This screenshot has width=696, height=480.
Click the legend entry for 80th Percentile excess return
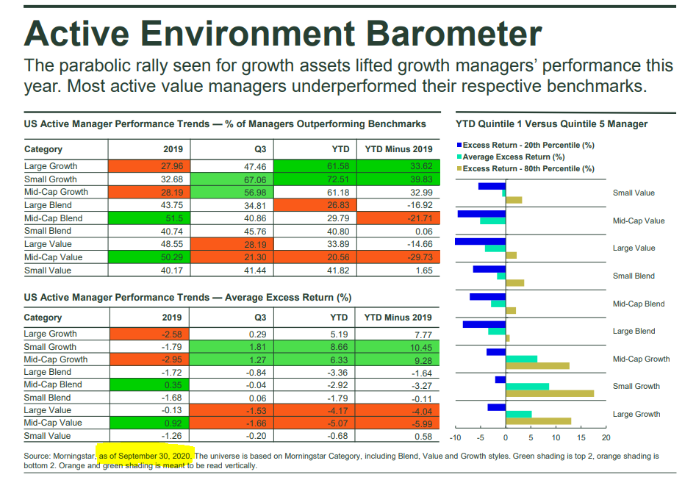(528, 168)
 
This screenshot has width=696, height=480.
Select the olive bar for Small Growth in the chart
(549, 393)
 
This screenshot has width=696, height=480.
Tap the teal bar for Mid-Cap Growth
(521, 359)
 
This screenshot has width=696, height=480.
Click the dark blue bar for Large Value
(480, 241)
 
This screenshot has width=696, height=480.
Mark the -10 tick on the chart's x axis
(455, 438)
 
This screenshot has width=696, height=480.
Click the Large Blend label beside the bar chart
(634, 332)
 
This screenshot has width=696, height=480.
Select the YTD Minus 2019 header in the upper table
(398, 149)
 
